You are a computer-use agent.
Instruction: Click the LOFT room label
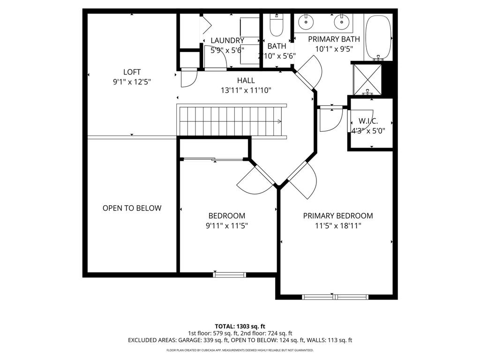tap(132, 72)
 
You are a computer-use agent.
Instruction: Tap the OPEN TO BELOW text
tap(132, 208)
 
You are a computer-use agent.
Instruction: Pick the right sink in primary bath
tap(342, 22)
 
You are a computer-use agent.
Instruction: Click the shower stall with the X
tap(367, 79)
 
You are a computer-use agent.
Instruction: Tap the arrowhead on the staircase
tap(279, 121)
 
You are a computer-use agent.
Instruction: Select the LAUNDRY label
tap(227, 40)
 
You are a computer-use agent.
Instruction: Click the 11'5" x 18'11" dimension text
tap(338, 226)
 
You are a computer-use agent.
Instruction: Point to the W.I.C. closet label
tap(368, 121)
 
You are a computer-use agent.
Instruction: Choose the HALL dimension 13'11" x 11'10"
tap(246, 90)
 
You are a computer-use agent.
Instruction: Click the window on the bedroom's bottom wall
tap(230, 275)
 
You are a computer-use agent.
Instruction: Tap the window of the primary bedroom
tap(335, 297)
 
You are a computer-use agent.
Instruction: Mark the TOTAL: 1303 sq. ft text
tap(240, 326)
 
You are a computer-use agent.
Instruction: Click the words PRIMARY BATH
tap(334, 39)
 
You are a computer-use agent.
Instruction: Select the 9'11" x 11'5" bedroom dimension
tap(227, 226)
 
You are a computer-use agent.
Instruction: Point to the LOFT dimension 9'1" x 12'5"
tap(132, 82)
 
